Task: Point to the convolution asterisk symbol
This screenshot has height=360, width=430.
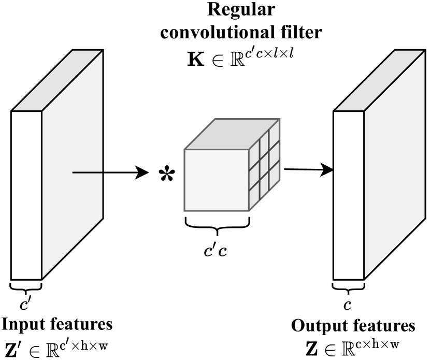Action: click(166, 174)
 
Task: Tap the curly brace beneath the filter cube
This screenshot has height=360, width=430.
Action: click(217, 224)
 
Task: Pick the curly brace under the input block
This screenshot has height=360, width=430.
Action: click(25, 286)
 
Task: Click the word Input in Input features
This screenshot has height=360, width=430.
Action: click(21, 325)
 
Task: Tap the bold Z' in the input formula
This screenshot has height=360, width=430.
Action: click(12, 347)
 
